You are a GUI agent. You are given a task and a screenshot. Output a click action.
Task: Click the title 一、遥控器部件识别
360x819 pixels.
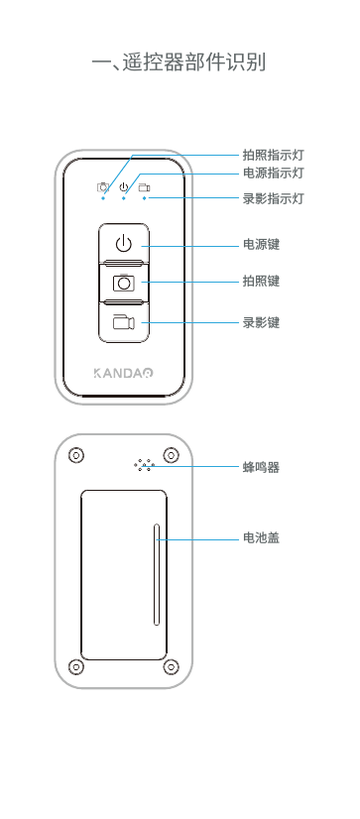(179, 63)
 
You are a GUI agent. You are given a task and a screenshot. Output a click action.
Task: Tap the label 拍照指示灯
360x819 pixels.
(273, 155)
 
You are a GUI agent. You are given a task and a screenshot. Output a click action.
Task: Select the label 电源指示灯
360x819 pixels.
(273, 173)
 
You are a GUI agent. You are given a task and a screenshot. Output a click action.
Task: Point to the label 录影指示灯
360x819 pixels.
(273, 198)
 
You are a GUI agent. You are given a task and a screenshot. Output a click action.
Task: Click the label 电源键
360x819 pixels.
(261, 243)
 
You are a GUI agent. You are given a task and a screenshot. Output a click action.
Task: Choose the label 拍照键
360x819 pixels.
(261, 282)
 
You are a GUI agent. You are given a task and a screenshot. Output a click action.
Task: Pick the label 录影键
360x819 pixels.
(261, 322)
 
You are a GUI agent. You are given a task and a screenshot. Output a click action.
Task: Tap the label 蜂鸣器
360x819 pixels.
(261, 466)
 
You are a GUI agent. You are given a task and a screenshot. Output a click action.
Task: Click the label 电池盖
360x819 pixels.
(261, 538)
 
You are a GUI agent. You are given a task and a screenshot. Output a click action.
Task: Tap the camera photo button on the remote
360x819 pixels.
(123, 283)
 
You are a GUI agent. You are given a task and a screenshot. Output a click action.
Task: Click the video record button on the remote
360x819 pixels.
(123, 322)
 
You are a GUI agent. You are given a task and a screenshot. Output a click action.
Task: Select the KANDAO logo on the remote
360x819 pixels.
(123, 375)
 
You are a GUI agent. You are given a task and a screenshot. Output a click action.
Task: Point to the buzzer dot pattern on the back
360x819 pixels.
(144, 464)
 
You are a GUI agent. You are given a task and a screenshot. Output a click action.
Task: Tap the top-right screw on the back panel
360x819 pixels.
(171, 455)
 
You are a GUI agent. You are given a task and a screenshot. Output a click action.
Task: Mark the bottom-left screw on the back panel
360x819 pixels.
(75, 665)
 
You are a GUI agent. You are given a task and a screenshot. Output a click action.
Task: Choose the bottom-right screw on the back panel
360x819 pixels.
(171, 665)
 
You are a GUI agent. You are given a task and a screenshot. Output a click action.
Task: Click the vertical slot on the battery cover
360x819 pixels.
(157, 575)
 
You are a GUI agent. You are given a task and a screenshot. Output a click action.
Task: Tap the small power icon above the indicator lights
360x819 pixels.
(123, 186)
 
